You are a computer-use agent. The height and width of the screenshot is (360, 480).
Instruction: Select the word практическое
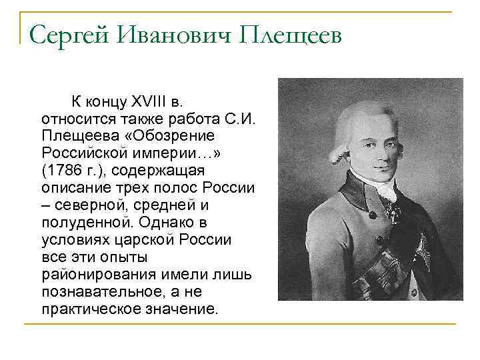(85, 309)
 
